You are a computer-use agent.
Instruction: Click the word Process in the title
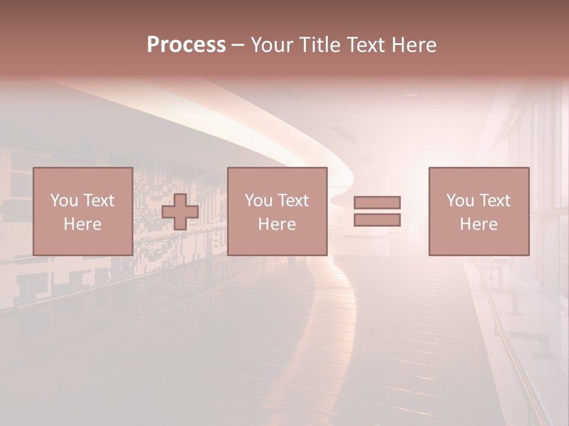[186, 45]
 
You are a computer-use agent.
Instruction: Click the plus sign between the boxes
[180, 212]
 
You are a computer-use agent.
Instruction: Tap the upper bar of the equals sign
[377, 202]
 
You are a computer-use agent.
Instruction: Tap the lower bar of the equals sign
[377, 220]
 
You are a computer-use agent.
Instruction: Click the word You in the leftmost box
[64, 201]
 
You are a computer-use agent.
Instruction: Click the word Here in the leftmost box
[82, 224]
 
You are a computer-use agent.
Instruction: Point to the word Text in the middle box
[293, 201]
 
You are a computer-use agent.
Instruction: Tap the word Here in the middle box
[277, 224]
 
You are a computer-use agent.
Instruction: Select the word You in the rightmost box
[460, 201]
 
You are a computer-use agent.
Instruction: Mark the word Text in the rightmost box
[495, 201]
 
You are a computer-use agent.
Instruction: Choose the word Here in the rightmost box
[478, 224]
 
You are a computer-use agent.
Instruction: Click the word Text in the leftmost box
[99, 201]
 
